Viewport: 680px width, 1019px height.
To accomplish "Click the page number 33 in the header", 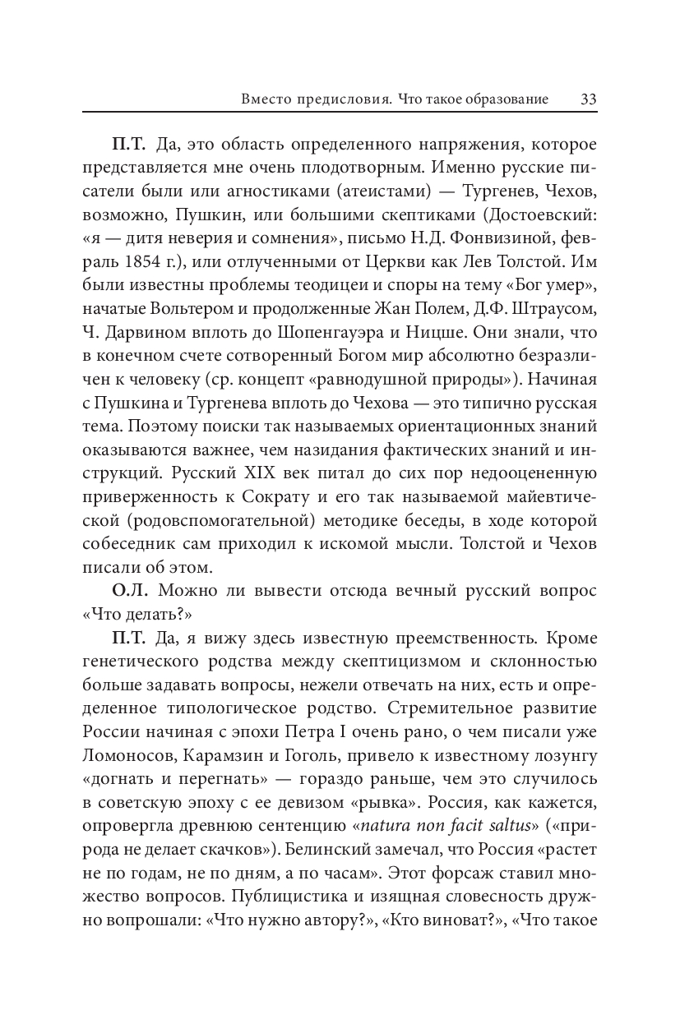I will click(x=588, y=99).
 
